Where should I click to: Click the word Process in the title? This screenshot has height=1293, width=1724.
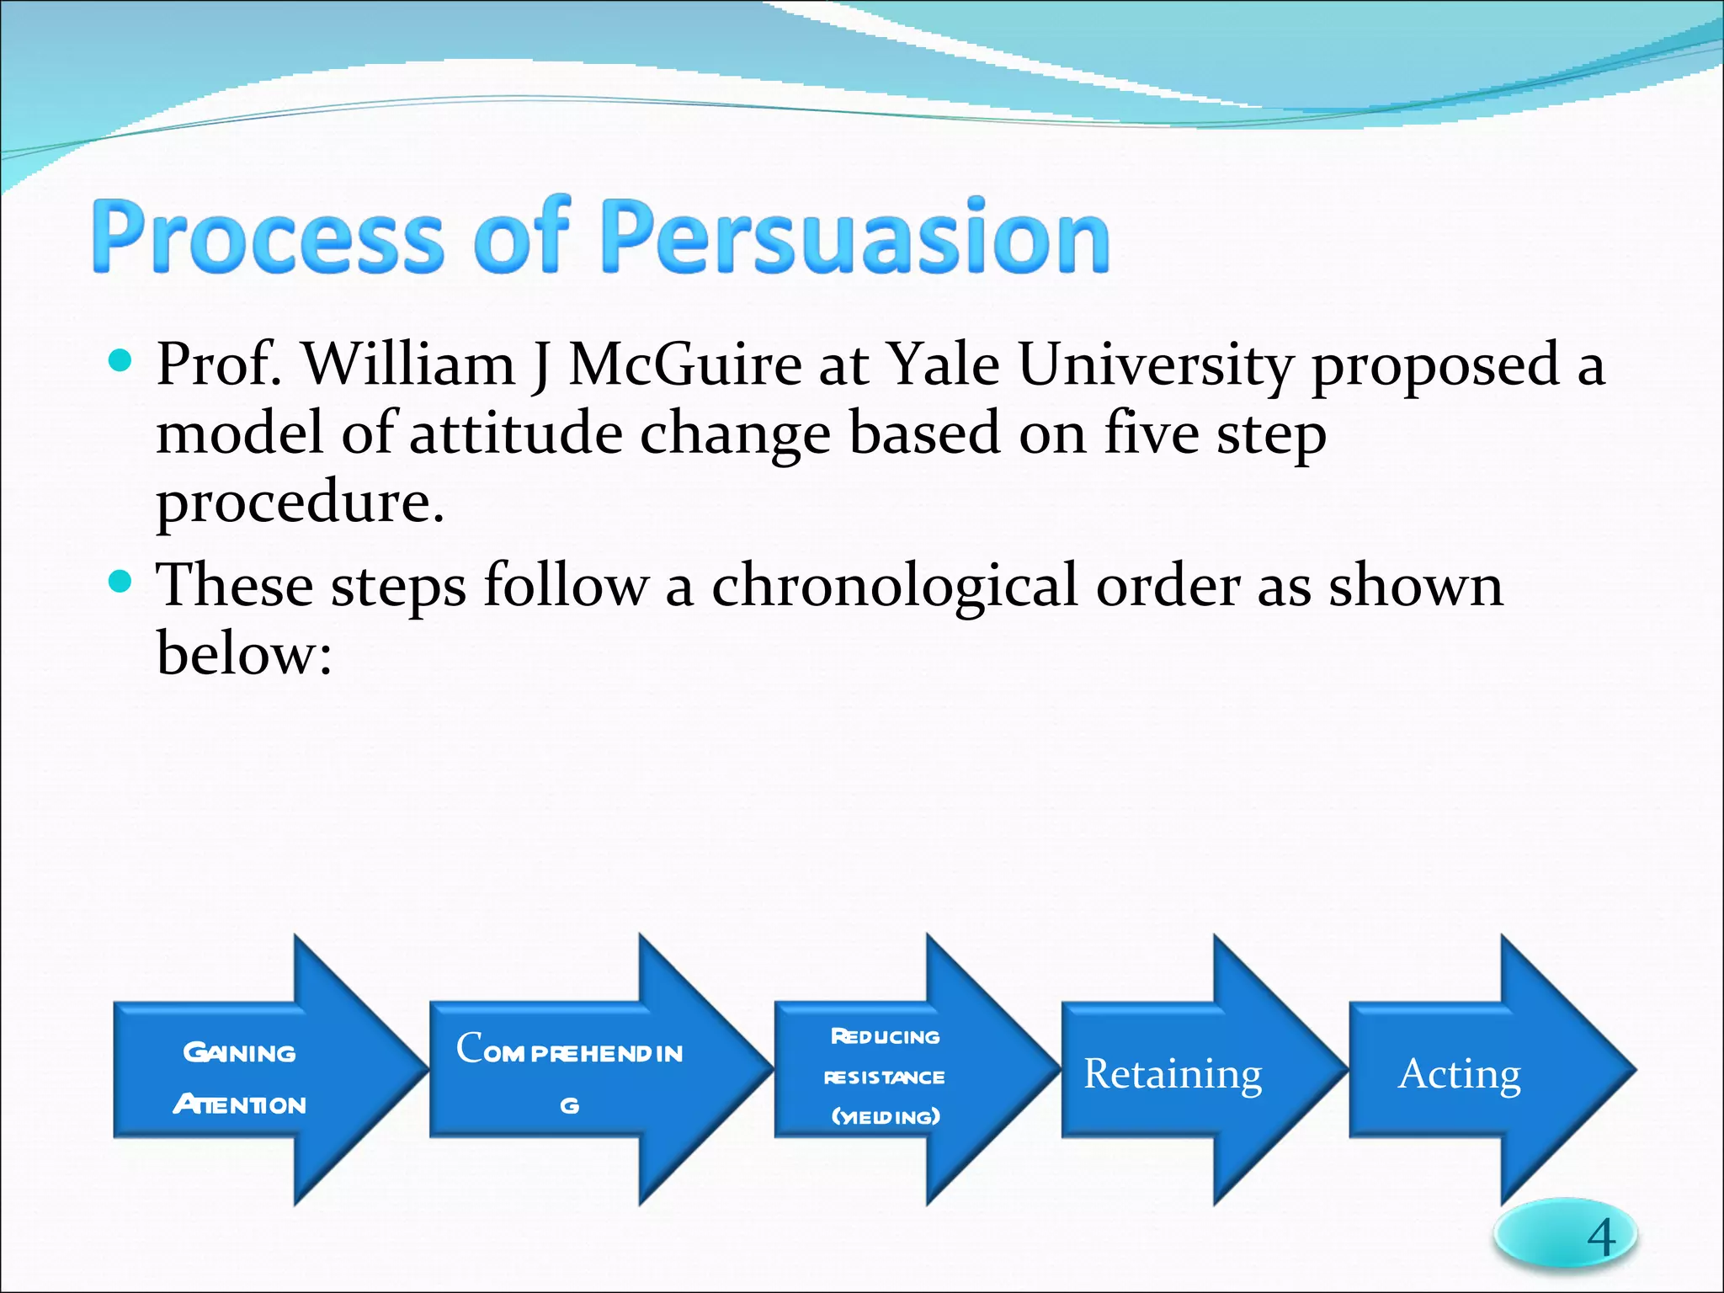(x=267, y=237)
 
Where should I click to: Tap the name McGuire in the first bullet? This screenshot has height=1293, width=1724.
(x=685, y=366)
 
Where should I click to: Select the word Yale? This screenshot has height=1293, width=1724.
(x=944, y=366)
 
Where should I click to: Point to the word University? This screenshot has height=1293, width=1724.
(x=1156, y=366)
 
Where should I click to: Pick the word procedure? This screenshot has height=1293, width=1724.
(x=299, y=503)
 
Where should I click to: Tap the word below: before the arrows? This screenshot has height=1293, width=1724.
(x=244, y=654)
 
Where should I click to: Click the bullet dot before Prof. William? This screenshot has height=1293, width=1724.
(x=121, y=362)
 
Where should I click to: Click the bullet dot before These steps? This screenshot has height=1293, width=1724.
(x=121, y=582)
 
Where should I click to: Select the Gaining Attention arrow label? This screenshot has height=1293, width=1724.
(x=240, y=1077)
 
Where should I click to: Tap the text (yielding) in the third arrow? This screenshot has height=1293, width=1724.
(x=886, y=1117)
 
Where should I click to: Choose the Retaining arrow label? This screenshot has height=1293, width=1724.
(x=1173, y=1073)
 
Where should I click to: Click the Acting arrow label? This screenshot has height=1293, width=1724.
(x=1460, y=1073)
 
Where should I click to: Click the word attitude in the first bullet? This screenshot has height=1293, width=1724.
(x=515, y=434)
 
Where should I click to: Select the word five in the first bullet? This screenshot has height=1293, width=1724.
(x=1152, y=434)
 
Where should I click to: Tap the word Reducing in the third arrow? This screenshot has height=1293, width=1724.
(x=886, y=1036)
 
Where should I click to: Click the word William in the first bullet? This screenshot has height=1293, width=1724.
(x=408, y=366)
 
